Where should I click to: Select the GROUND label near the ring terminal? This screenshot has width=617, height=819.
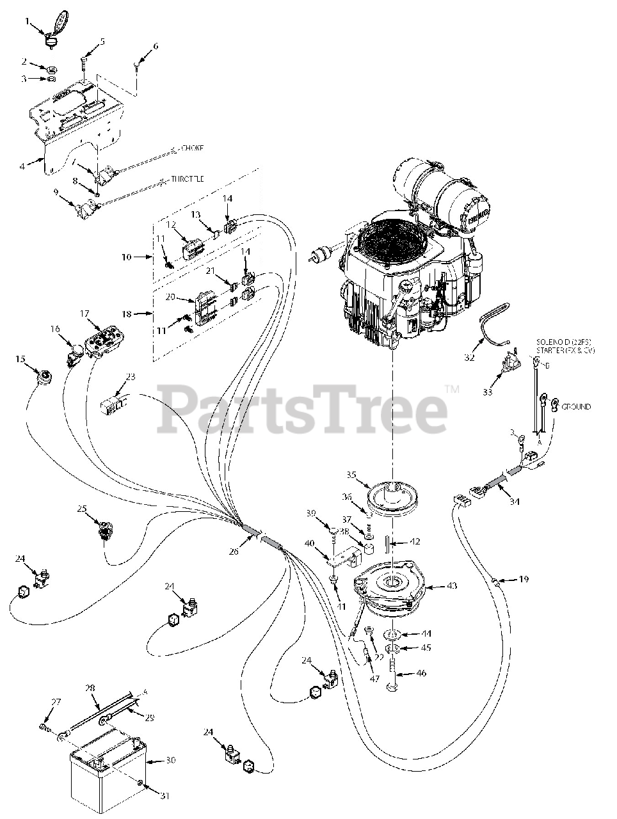click(576, 406)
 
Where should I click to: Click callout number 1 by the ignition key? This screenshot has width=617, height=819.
click(27, 21)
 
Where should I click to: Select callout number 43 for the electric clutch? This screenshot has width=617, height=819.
click(452, 585)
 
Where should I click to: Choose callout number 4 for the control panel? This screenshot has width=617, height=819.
click(23, 166)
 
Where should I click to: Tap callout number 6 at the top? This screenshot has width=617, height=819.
click(155, 45)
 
